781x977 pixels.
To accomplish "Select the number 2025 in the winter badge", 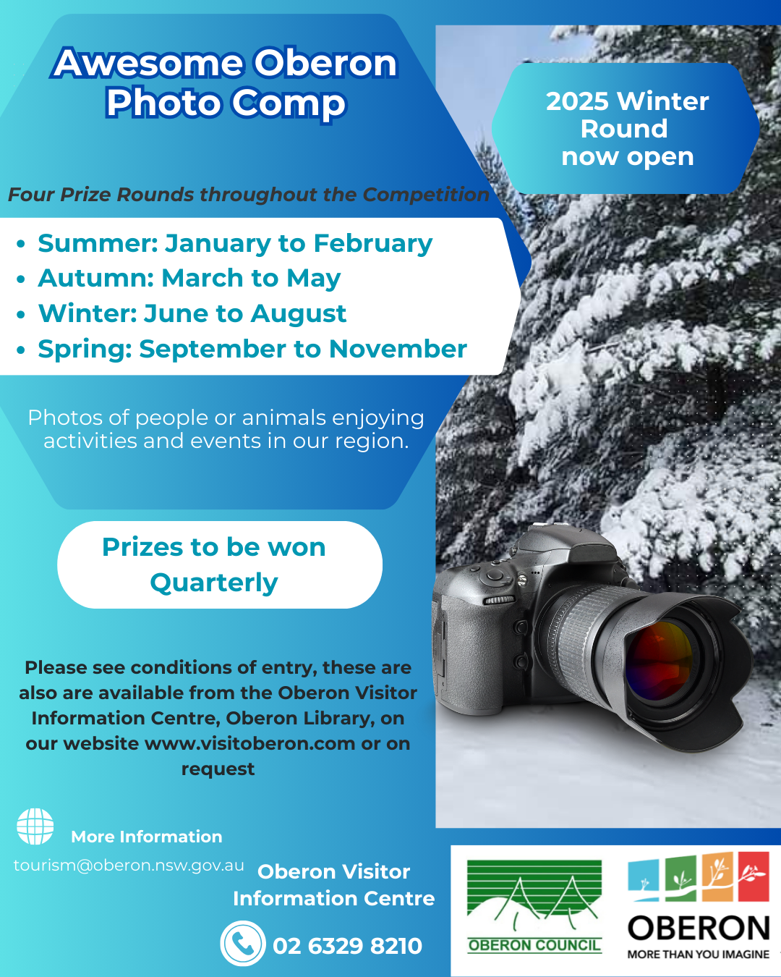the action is pos(577,101).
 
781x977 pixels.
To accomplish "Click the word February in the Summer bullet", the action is pos(373,245).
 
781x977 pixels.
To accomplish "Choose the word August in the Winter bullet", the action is pos(299,314).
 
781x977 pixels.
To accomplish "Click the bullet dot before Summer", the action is pos(20,244).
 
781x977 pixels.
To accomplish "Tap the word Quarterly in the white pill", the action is pos(214,583).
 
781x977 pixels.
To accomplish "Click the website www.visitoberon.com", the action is pos(250,744).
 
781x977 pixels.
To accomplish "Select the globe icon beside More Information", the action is pos(35,826).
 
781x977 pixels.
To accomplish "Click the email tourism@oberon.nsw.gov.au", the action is pos(129,866).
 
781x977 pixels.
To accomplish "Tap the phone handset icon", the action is pos(243,944).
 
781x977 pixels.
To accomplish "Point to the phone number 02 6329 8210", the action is pos(347,946).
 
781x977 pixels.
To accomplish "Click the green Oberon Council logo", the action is pos(534,906).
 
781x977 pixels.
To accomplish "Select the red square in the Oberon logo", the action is pos(754,876).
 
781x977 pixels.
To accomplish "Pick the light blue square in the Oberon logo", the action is pos(644,880).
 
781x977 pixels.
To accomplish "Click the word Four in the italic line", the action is pos(32,194).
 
